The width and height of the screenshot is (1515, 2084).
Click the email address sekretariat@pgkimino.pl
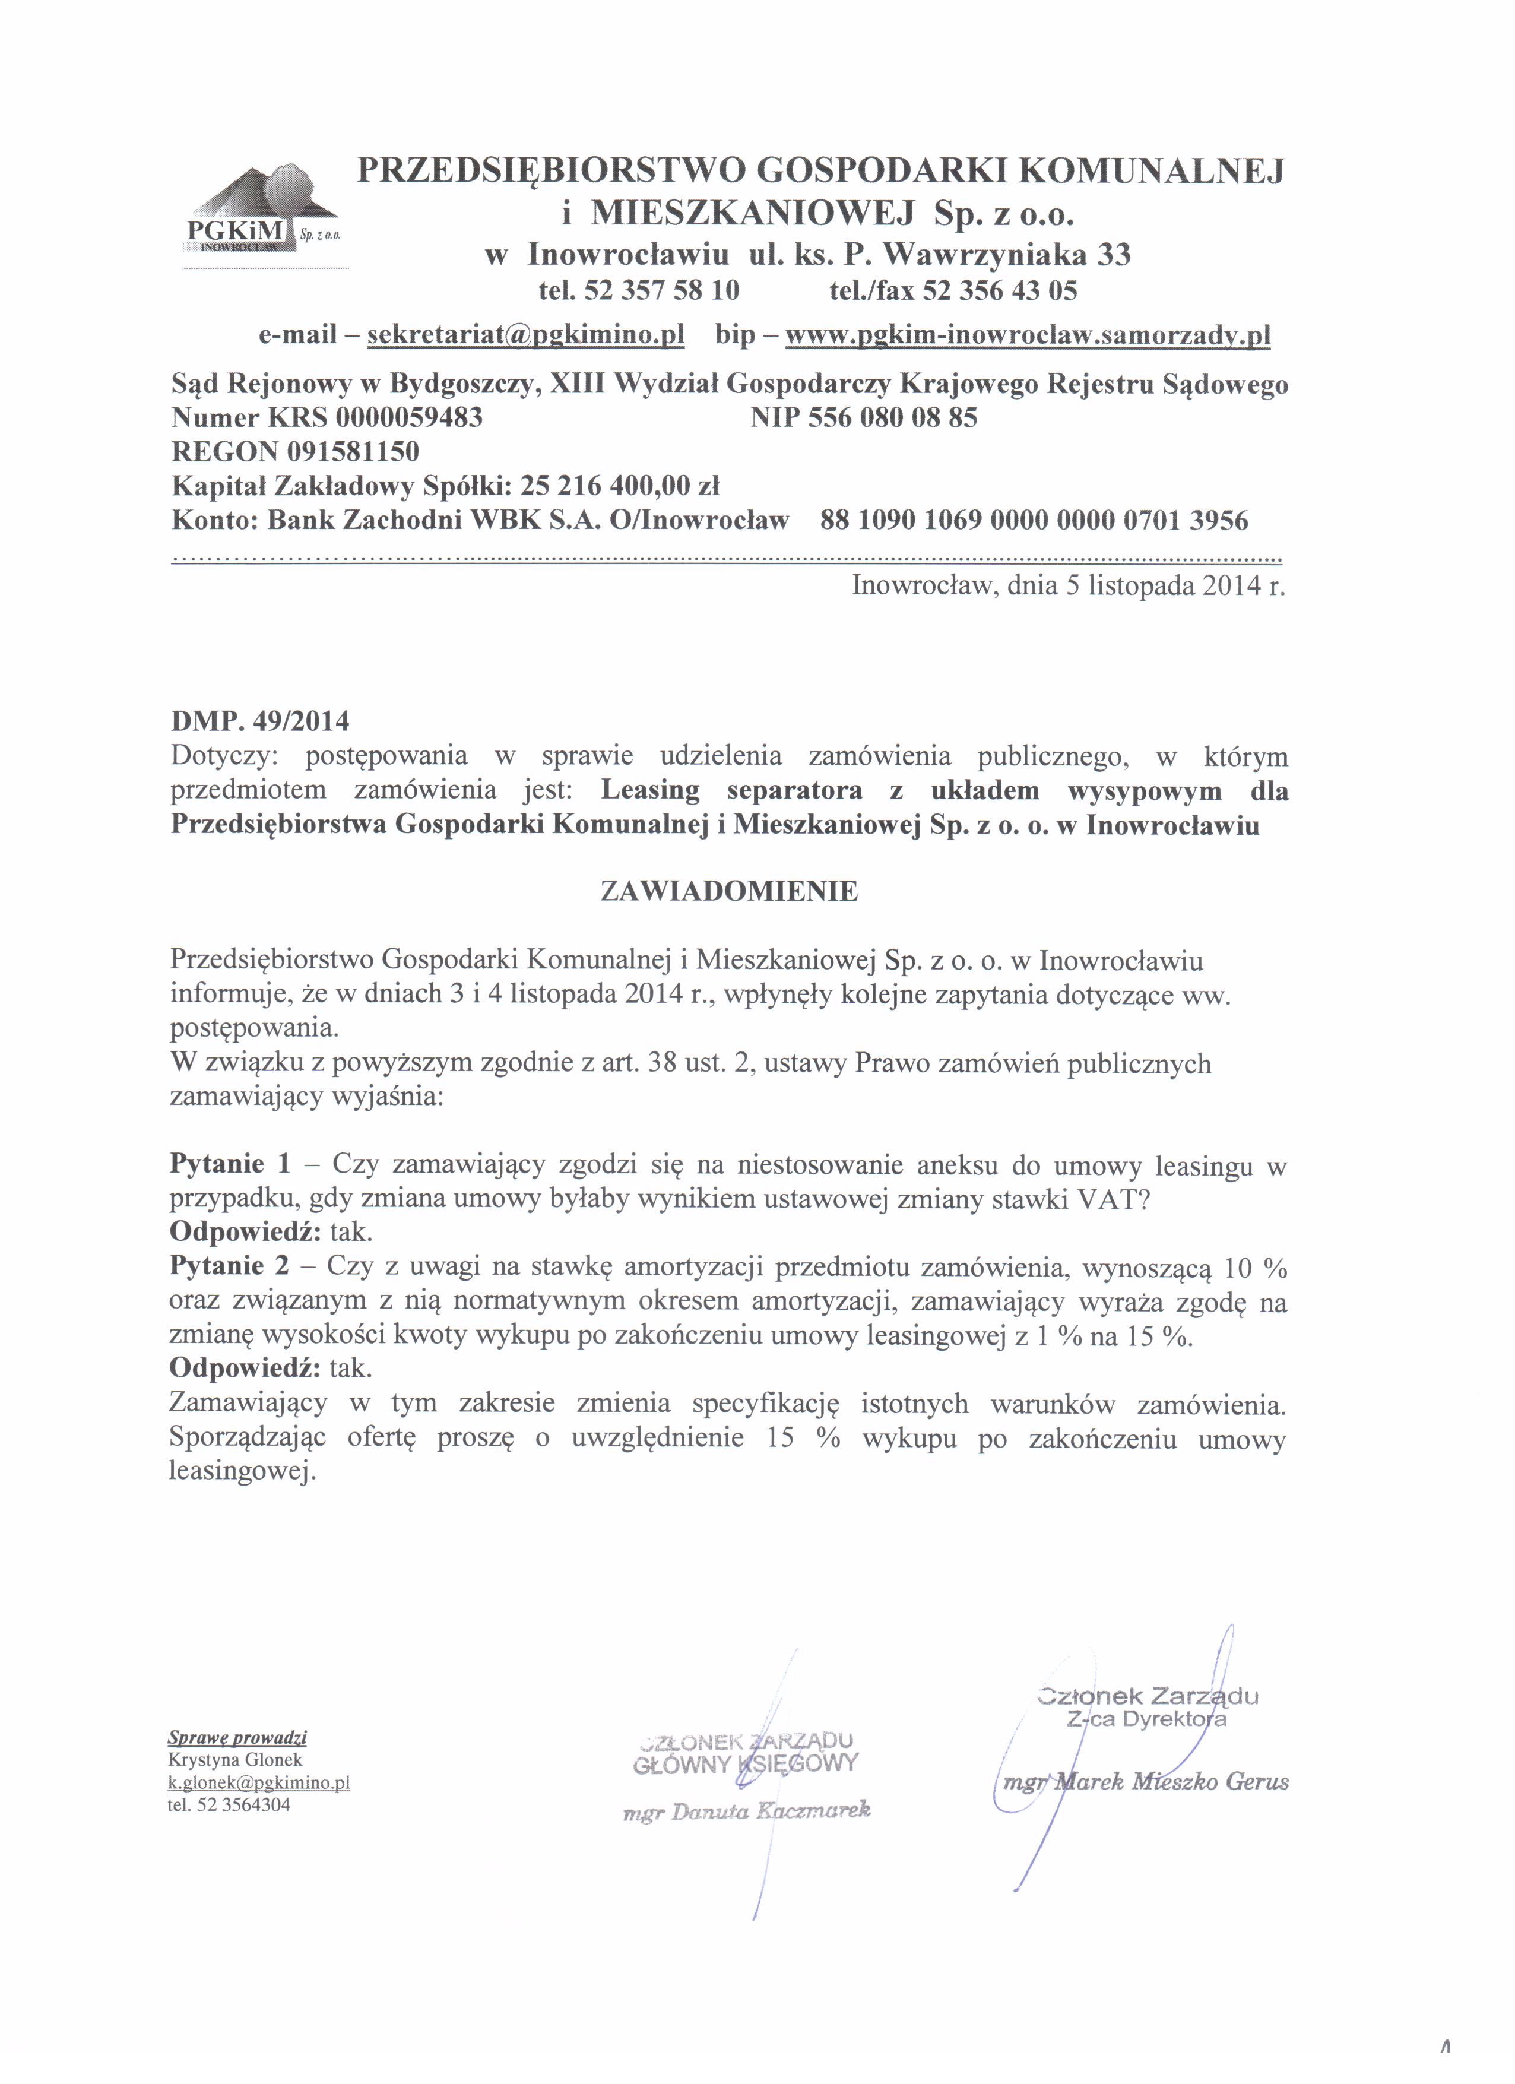click(525, 334)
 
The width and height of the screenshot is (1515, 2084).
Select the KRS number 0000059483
click(409, 418)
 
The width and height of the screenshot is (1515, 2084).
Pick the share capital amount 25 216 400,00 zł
click(620, 486)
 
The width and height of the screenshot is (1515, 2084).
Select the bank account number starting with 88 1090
click(1034, 521)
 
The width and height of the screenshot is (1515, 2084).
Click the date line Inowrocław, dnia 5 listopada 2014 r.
click(1067, 585)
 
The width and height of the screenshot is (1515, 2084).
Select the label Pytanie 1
click(230, 1165)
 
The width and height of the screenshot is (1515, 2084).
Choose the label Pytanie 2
click(230, 1266)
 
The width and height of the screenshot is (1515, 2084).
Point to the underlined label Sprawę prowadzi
click(237, 1738)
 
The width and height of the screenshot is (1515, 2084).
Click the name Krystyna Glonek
click(235, 1760)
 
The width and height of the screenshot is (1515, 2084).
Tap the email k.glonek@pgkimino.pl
click(259, 1782)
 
